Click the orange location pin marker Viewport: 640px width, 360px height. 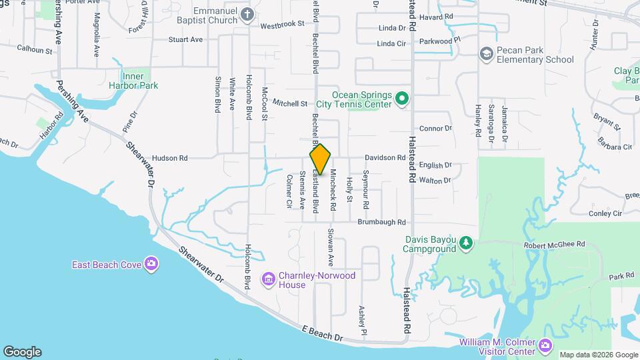coord(320,159)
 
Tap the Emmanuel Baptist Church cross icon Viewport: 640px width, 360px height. coord(247,15)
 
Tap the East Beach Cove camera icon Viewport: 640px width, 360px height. coord(151,265)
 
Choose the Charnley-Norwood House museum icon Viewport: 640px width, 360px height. coord(269,278)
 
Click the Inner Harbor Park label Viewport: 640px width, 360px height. coord(140,81)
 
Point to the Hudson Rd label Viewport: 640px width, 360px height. coord(170,158)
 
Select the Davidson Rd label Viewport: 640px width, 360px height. coord(385,158)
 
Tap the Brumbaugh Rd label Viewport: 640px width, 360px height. coord(381,222)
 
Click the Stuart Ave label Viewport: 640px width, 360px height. coord(185,39)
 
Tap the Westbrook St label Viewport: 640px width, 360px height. coord(282,25)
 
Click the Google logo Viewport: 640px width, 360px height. coord(22,352)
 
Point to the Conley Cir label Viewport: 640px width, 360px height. coord(605,213)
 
